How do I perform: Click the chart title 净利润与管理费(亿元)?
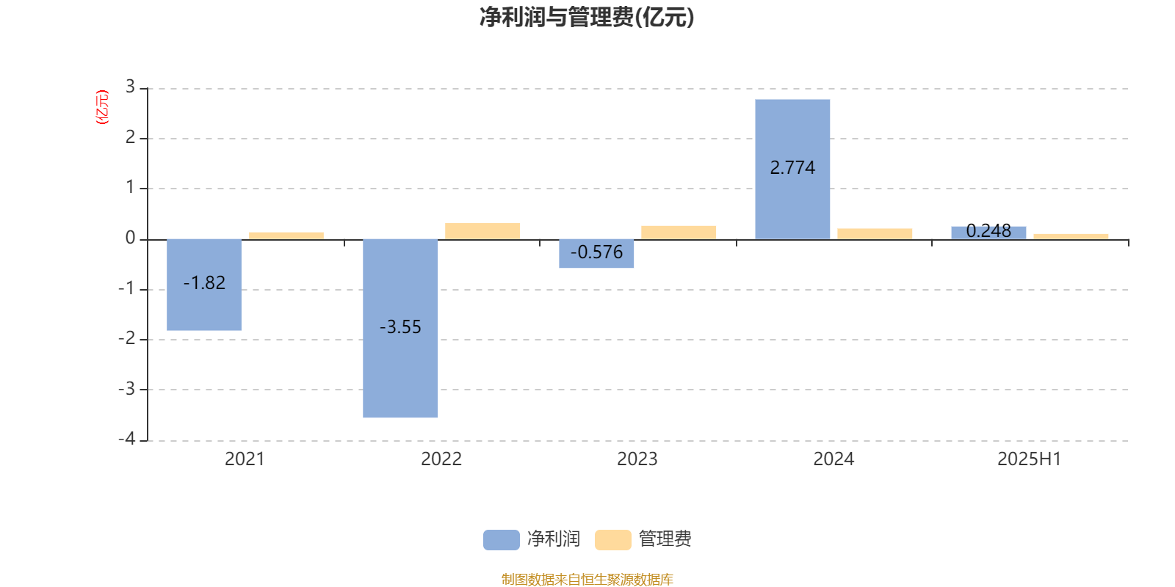[x=587, y=18]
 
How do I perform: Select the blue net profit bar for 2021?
[x=204, y=285]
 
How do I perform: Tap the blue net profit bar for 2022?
[x=400, y=328]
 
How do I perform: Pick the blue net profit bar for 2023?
[x=596, y=254]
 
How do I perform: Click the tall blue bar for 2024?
[x=792, y=169]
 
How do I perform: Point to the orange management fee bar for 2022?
[x=482, y=231]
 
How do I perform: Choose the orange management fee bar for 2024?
[x=875, y=234]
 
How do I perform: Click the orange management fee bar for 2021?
[x=286, y=236]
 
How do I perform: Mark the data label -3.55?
[x=400, y=327]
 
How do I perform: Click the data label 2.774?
[x=792, y=168]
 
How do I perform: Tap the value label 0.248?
[x=988, y=230]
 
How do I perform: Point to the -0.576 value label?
[x=596, y=252]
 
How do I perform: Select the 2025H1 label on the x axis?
[x=1029, y=459]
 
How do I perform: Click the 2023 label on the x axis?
[x=637, y=459]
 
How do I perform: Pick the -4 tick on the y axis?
[x=127, y=438]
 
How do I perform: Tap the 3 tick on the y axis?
[x=130, y=87]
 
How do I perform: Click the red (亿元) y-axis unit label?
[x=102, y=107]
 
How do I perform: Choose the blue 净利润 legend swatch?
[x=502, y=540]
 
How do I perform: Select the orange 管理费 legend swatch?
[x=613, y=540]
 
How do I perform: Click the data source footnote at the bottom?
[x=587, y=579]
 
